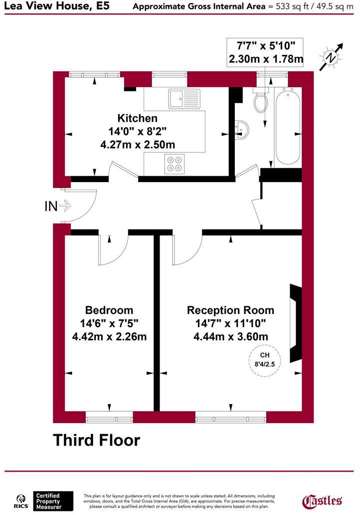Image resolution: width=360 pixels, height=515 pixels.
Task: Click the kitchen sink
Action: point(183,98)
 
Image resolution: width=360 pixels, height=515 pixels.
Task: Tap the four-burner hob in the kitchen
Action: point(174,164)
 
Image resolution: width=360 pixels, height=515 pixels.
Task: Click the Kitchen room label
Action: point(137,118)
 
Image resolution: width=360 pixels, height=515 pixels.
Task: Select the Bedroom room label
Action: point(109,310)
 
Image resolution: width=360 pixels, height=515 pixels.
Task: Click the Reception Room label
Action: point(230,310)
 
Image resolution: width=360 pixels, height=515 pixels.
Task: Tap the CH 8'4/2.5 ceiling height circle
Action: point(265,359)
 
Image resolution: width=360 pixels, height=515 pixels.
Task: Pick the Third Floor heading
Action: point(97,440)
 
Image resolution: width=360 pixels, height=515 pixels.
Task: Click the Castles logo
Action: point(323,500)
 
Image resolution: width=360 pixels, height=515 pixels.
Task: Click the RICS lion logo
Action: point(21,501)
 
